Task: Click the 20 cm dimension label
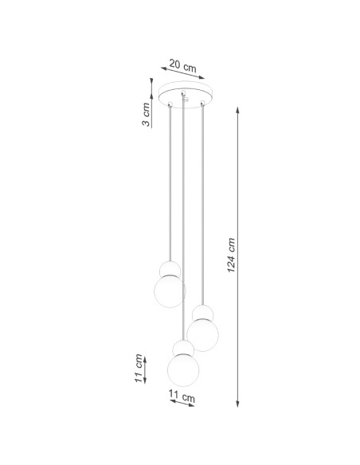(183, 68)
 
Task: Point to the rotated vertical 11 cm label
(139, 369)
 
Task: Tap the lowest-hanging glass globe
(183, 369)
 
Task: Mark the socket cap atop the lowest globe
(182, 346)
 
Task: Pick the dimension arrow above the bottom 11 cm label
(182, 403)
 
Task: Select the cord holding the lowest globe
(184, 223)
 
